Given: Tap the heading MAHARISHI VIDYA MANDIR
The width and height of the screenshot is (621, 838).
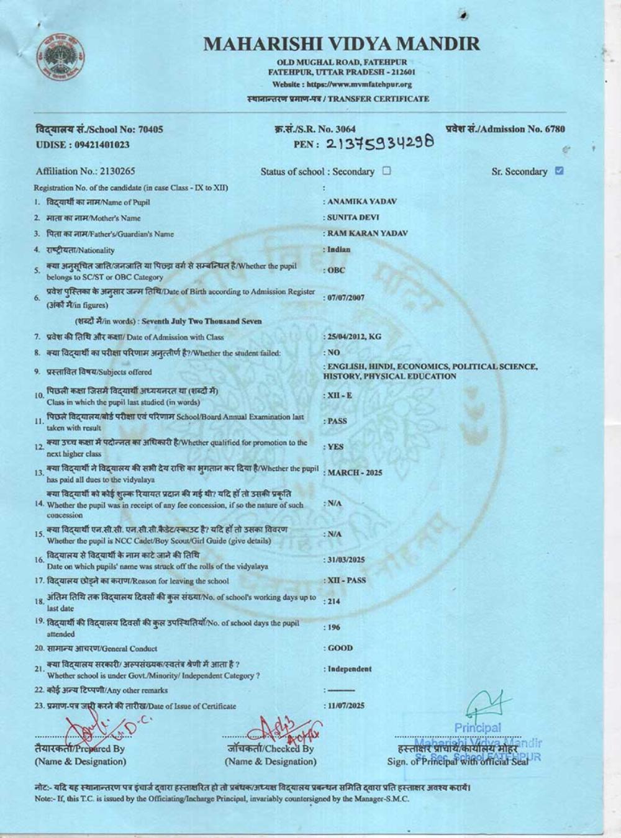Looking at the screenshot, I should click(x=342, y=44).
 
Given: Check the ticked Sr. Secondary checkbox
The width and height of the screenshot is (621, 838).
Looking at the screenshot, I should click(x=559, y=171).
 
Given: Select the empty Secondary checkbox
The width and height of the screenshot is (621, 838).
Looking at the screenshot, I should click(x=386, y=171).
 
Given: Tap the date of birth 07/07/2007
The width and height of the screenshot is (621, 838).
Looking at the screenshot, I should click(x=346, y=297).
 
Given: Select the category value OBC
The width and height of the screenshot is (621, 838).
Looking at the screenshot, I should click(x=336, y=270).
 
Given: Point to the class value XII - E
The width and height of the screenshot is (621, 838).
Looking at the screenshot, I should click(x=340, y=395).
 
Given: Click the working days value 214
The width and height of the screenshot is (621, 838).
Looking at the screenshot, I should click(x=335, y=601).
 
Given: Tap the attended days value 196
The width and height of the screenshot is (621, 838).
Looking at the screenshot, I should click(x=335, y=628).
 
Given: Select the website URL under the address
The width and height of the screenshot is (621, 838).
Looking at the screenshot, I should click(x=342, y=84).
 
